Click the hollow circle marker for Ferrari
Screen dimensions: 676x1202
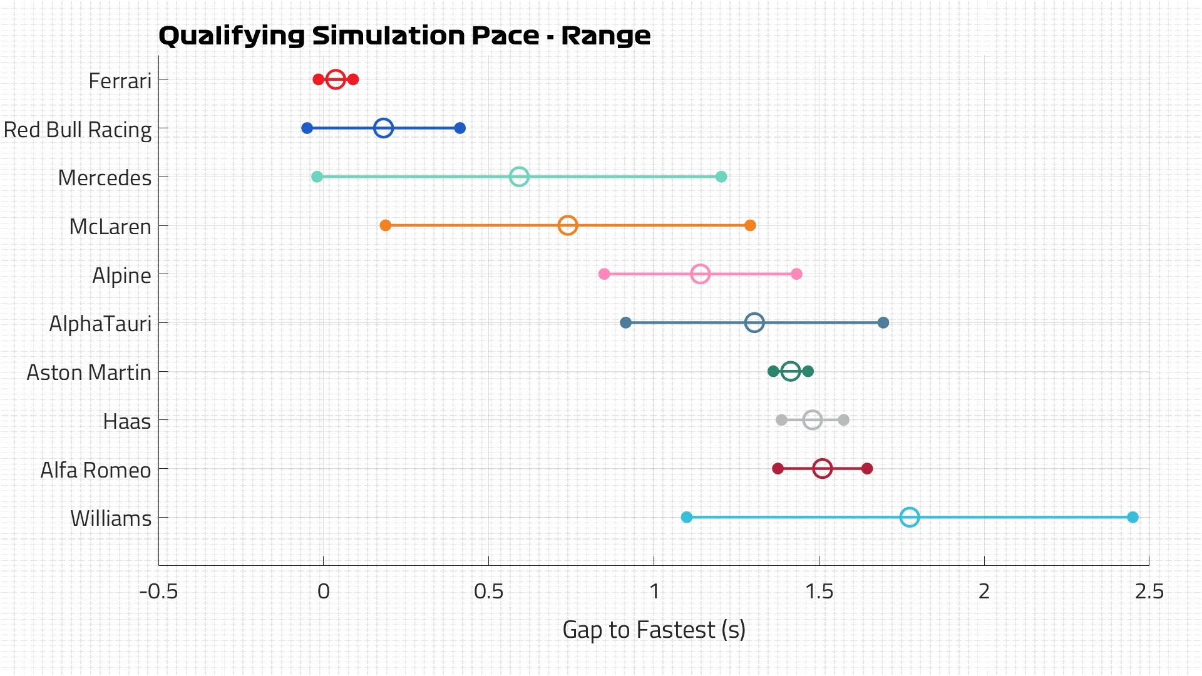point(336,79)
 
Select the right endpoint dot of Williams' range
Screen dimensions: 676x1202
point(1133,517)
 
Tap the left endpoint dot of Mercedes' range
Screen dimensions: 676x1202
point(317,177)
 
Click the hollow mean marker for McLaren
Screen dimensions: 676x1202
point(567,225)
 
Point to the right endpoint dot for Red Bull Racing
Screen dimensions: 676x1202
point(460,128)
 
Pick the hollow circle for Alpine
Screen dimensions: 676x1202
point(700,274)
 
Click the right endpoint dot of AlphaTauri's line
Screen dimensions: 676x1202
point(883,323)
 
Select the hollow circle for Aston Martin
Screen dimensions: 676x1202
point(791,371)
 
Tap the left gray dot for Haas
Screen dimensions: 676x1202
point(781,420)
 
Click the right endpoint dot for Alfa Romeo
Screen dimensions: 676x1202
point(867,468)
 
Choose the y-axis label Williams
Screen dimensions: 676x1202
point(111,518)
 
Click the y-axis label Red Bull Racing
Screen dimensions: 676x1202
point(78,130)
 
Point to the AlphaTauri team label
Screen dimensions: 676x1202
point(100,324)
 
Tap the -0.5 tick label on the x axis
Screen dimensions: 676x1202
point(158,591)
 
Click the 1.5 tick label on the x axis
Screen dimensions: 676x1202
point(819,591)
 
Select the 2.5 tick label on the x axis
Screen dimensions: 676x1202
point(1149,591)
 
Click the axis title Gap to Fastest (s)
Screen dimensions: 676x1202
point(654,630)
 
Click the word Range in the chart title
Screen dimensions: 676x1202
point(605,36)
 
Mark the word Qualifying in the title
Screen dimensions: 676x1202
point(231,36)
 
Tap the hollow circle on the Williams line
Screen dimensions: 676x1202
point(910,517)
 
